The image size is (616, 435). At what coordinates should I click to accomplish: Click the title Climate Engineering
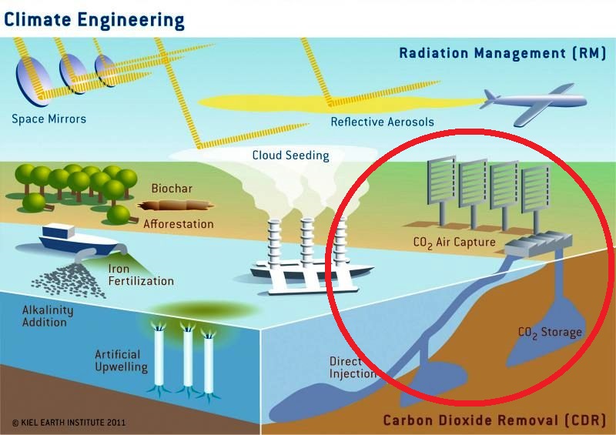[x=94, y=18]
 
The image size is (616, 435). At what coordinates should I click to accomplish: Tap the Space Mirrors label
[x=49, y=119]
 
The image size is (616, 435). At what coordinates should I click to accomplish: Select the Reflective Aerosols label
[x=383, y=122]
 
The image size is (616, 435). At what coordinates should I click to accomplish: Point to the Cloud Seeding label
[x=290, y=156]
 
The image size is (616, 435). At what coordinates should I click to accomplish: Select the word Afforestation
[x=178, y=224]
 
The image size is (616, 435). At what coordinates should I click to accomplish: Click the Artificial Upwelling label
[x=121, y=361]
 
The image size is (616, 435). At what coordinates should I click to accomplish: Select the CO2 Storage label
[x=550, y=333]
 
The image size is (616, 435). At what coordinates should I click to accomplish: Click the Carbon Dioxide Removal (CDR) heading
[x=494, y=420]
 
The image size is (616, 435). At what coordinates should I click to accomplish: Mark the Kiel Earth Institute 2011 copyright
[x=69, y=423]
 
